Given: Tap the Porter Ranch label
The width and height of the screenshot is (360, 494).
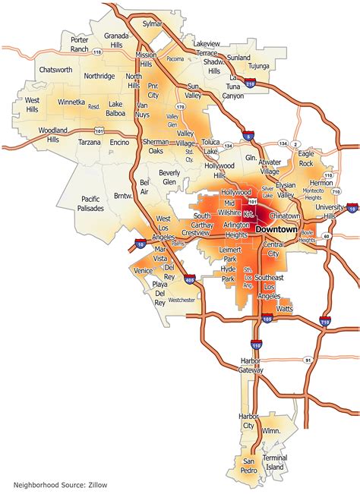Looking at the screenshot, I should (x=79, y=45).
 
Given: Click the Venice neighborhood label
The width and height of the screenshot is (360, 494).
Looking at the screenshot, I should (x=143, y=271).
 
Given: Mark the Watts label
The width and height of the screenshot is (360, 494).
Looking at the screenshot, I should (x=285, y=309).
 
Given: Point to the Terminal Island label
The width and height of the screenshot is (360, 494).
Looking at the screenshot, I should (x=275, y=464).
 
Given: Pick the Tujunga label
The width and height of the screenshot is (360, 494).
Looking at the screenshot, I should (x=261, y=66).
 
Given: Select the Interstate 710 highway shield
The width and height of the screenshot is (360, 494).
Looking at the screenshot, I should (x=324, y=322).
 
